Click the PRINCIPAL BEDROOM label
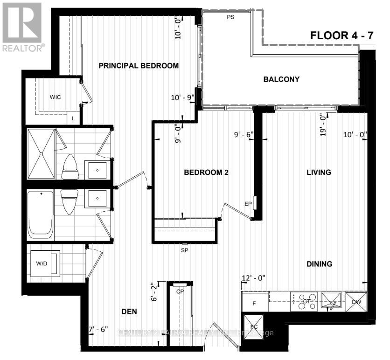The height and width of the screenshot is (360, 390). [x=139, y=66]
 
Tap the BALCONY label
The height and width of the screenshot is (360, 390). [x=281, y=79]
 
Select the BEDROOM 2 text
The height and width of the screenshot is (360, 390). [x=206, y=172]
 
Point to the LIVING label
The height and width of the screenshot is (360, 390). [x=319, y=172]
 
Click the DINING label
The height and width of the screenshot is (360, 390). [x=319, y=264]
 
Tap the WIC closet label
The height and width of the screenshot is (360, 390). [x=56, y=97]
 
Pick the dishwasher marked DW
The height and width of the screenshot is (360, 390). [x=356, y=302]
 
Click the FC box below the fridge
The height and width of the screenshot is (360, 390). [x=254, y=324]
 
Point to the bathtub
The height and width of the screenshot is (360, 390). [x=40, y=215]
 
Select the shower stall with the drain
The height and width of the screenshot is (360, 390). [x=41, y=154]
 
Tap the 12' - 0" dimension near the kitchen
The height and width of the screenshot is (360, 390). [x=253, y=278]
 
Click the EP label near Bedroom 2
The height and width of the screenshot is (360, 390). [x=248, y=204]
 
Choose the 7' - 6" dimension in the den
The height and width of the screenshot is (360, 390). [x=98, y=330]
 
